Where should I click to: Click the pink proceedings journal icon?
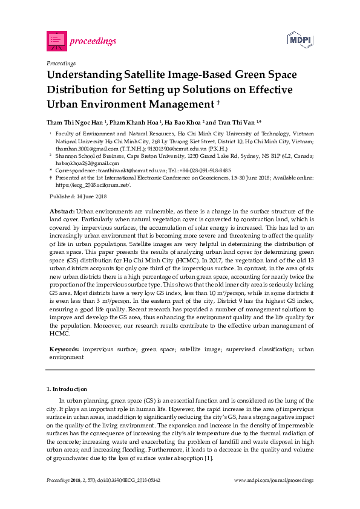(x=56, y=41)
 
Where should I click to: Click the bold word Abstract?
(x=62, y=211)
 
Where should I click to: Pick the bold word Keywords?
(x=64, y=349)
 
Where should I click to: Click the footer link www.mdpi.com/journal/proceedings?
(x=273, y=480)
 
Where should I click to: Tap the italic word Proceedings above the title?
(x=61, y=63)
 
